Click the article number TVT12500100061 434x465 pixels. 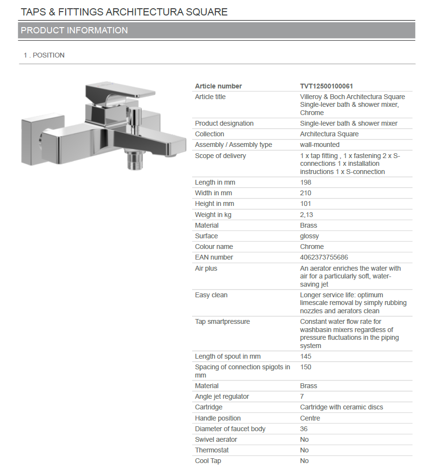326,86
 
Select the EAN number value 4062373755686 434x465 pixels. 324,258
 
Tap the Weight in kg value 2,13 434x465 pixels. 307,215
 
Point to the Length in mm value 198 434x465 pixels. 306,183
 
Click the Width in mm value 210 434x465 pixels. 306,193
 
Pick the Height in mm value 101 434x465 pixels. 306,204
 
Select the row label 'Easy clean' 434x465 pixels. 211,295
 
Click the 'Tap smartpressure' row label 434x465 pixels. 222,322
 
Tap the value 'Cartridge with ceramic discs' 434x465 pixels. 341,407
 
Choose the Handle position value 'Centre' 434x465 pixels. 310,418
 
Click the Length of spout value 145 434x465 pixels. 306,357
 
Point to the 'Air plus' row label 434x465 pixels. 206,269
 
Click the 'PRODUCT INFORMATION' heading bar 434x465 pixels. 216,30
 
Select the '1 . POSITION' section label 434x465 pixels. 44,56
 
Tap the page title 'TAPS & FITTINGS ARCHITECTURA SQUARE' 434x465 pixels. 124,12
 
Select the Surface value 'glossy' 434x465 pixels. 309,236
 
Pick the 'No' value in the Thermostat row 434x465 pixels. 304,450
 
